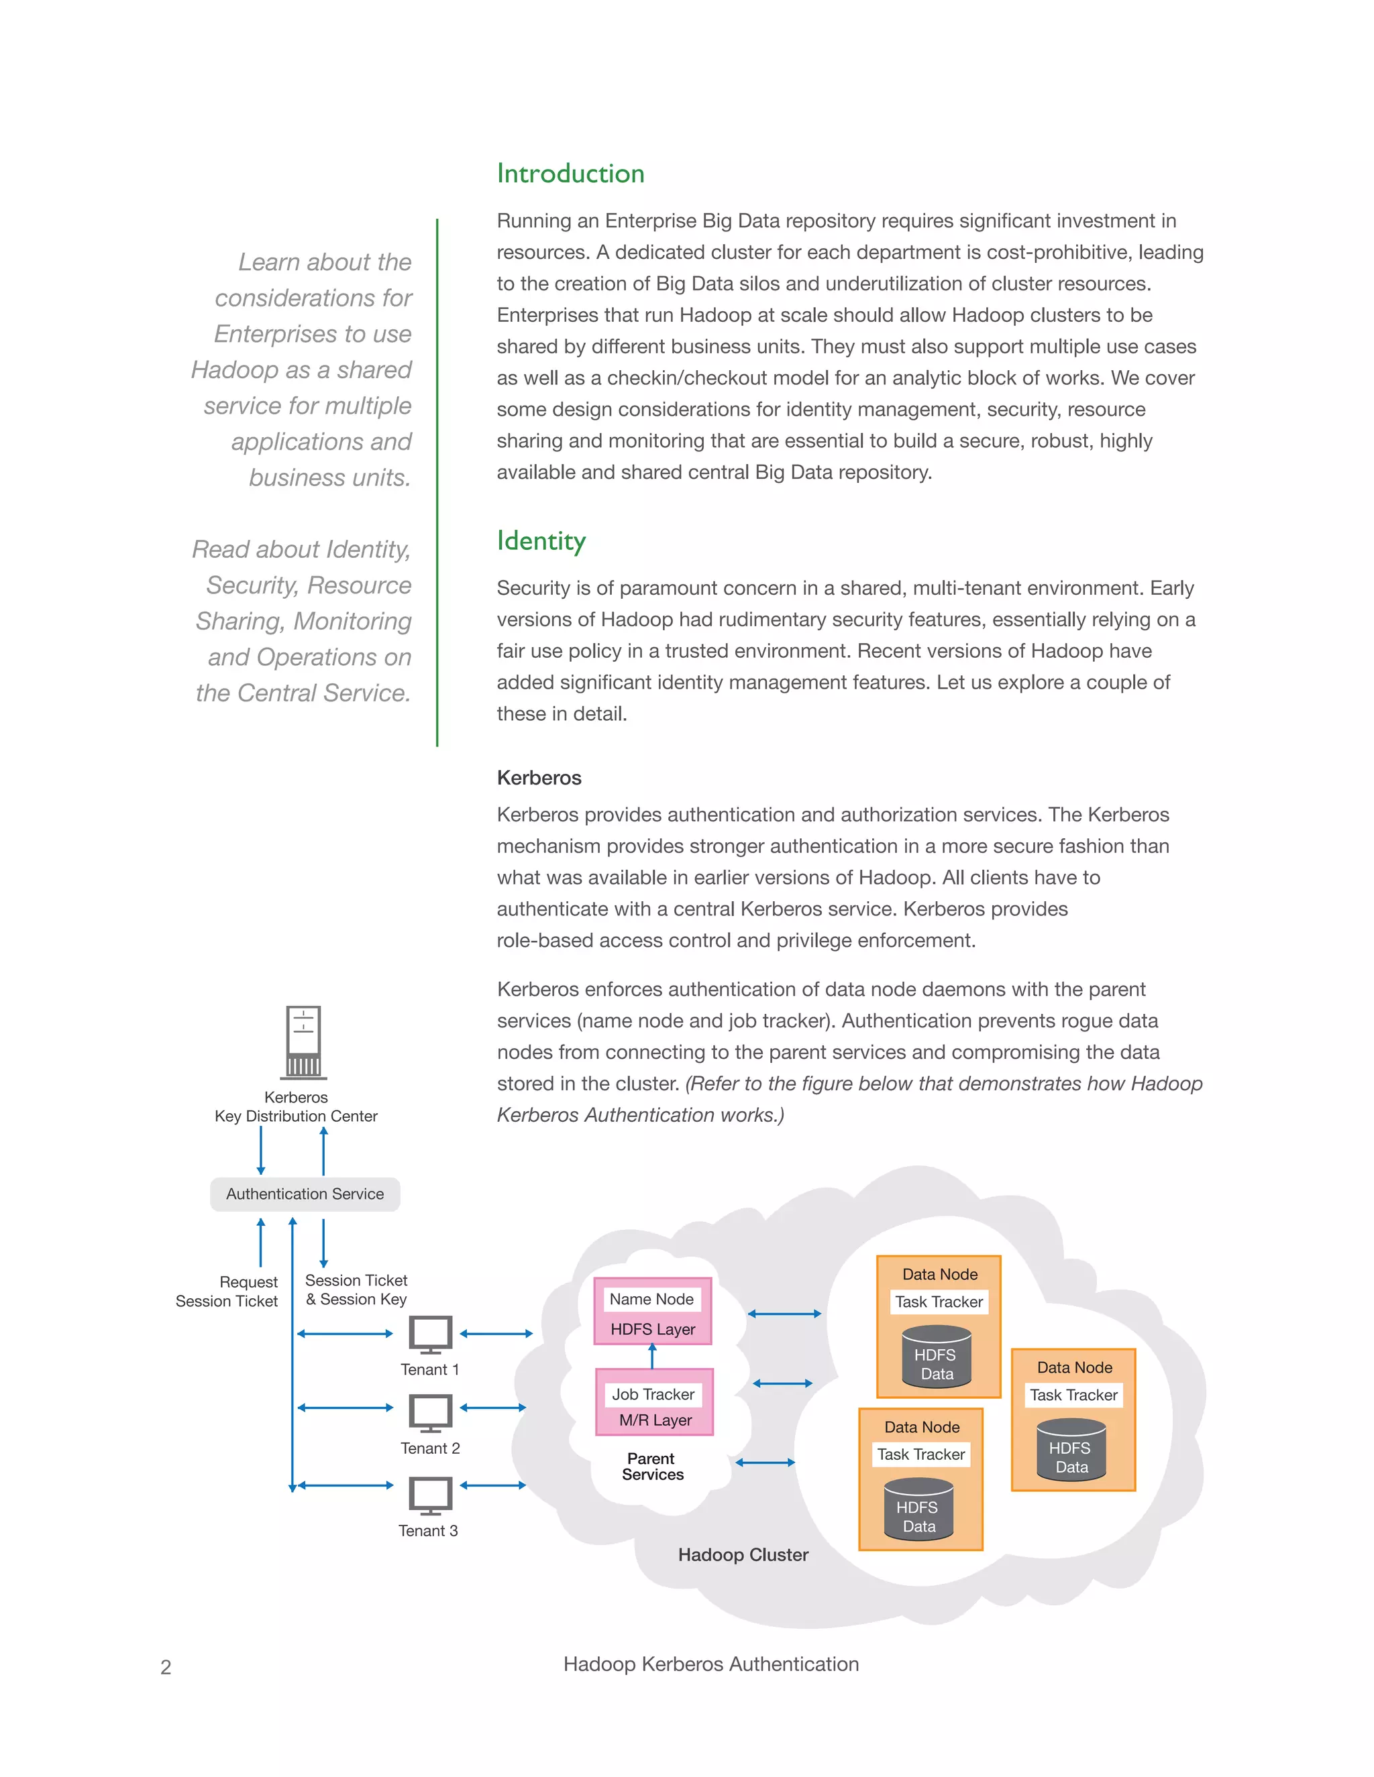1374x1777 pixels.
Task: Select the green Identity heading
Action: (541, 541)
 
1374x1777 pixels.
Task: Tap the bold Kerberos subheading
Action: (539, 778)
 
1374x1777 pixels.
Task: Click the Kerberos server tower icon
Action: (304, 1041)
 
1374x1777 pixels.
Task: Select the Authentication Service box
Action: (305, 1194)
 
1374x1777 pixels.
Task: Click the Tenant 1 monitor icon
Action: (430, 1335)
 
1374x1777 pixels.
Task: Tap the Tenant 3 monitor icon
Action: (430, 1495)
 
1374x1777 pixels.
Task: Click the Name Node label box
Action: (651, 1300)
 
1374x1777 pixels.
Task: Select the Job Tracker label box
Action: (653, 1394)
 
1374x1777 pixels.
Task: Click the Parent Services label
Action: (652, 1466)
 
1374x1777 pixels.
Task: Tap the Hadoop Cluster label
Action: (743, 1555)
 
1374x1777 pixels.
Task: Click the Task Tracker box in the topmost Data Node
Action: (939, 1302)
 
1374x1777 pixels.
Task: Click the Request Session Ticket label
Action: (228, 1292)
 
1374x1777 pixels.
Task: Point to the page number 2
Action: (166, 1667)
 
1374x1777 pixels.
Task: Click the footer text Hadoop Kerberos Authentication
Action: (710, 1664)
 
